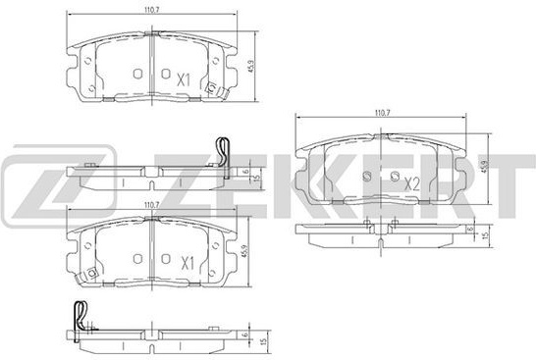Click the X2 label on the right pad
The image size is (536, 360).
point(412,184)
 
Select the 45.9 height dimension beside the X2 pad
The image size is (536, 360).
point(484,166)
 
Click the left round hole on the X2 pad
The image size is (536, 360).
point(367,177)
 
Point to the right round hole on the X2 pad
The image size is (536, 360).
point(395,177)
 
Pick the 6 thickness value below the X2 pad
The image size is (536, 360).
point(471,230)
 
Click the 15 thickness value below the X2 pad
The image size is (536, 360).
point(484,235)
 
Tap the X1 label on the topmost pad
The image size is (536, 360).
point(184,80)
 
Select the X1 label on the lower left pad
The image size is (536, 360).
point(187,264)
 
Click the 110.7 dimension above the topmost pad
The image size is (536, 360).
point(152,11)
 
